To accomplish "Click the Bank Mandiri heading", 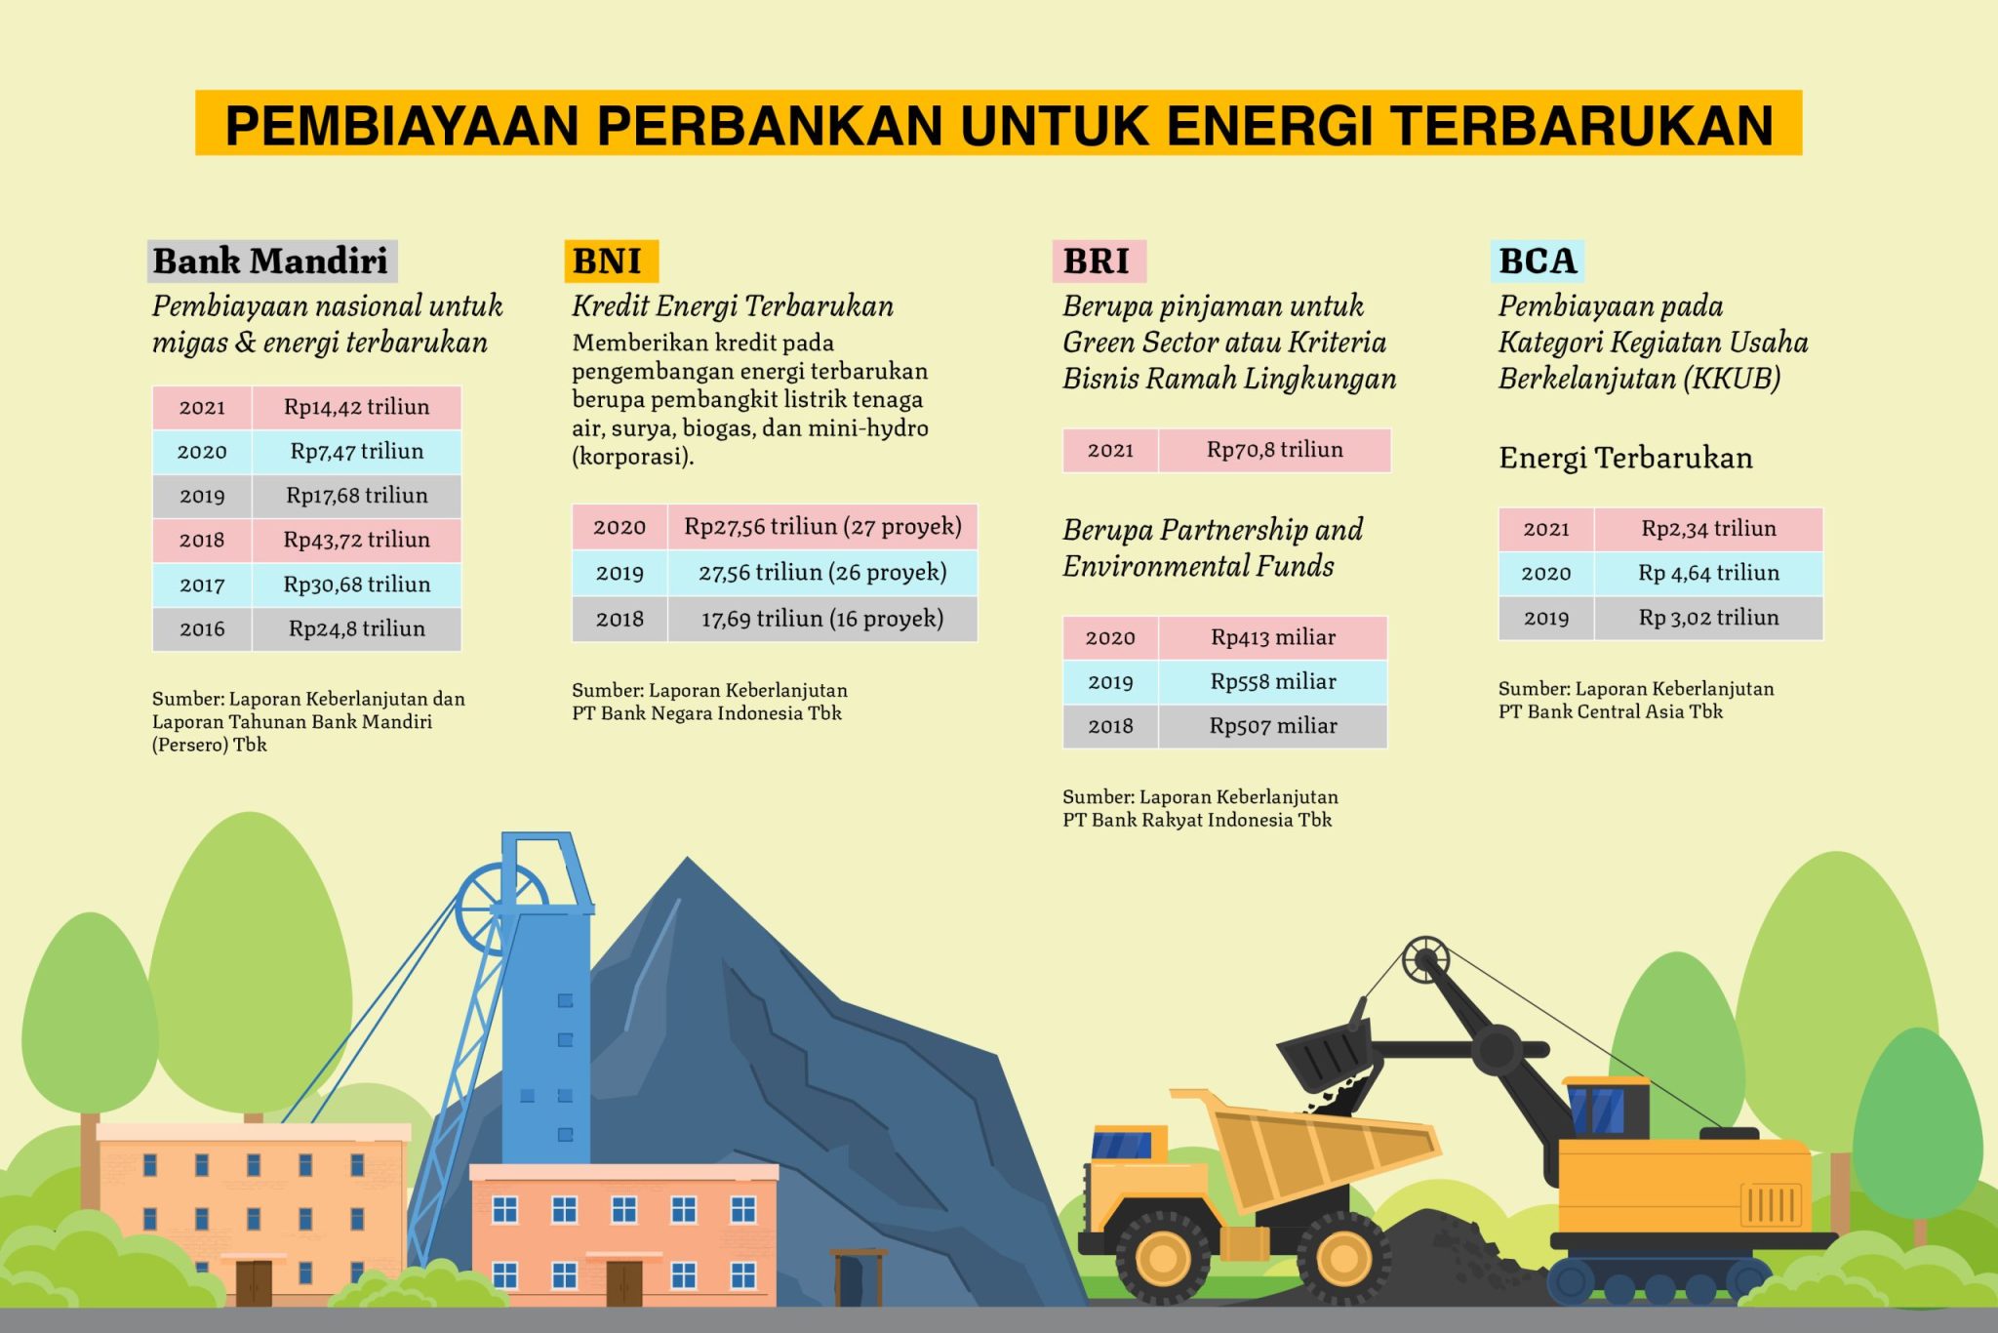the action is click(x=272, y=262).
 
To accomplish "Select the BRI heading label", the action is click(x=1099, y=262).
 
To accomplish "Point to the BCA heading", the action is click(x=1538, y=262).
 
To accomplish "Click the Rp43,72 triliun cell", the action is click(x=357, y=540).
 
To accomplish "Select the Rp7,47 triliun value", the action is click(x=357, y=452).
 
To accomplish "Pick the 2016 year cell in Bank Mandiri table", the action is click(x=202, y=629).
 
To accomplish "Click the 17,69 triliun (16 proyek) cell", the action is click(x=822, y=619).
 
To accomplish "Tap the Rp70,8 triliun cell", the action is click(x=1275, y=450).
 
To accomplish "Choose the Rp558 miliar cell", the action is click(x=1273, y=682).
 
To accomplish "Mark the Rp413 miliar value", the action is click(x=1273, y=638).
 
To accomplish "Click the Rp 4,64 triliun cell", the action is click(x=1708, y=574).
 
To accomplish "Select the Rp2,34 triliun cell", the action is click(x=1708, y=529).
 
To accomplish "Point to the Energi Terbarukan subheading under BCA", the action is click(x=1625, y=458).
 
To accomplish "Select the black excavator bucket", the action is click(x=1327, y=1056).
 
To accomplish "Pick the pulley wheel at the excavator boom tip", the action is click(x=1425, y=961).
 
